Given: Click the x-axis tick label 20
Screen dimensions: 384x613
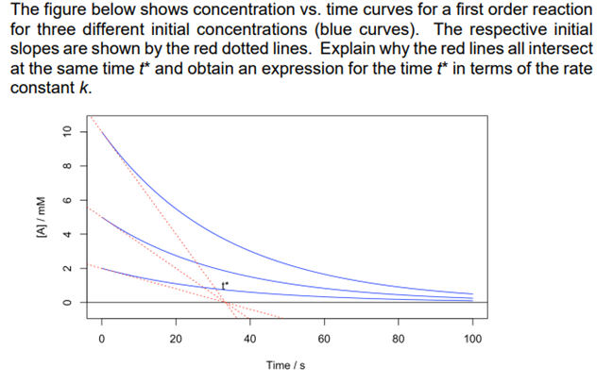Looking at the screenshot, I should click(176, 338).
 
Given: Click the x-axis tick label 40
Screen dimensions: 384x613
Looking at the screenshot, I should click(250, 338).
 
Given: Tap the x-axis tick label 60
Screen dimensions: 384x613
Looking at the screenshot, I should click(324, 338).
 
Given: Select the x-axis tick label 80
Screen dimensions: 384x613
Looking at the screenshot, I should click(399, 338).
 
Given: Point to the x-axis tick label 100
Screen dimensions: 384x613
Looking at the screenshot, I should click(473, 338).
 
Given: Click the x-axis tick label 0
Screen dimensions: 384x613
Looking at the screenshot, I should click(102, 338).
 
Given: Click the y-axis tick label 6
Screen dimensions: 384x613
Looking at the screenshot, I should click(67, 200).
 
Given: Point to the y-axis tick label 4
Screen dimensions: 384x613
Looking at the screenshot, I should click(67, 234).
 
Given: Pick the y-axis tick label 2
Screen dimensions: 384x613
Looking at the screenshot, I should click(67, 268).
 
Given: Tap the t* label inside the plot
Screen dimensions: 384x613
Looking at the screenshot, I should click(225, 285).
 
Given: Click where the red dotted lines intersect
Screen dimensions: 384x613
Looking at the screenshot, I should click(225, 301).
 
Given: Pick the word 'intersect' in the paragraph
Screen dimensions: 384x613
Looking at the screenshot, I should click(563, 49).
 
